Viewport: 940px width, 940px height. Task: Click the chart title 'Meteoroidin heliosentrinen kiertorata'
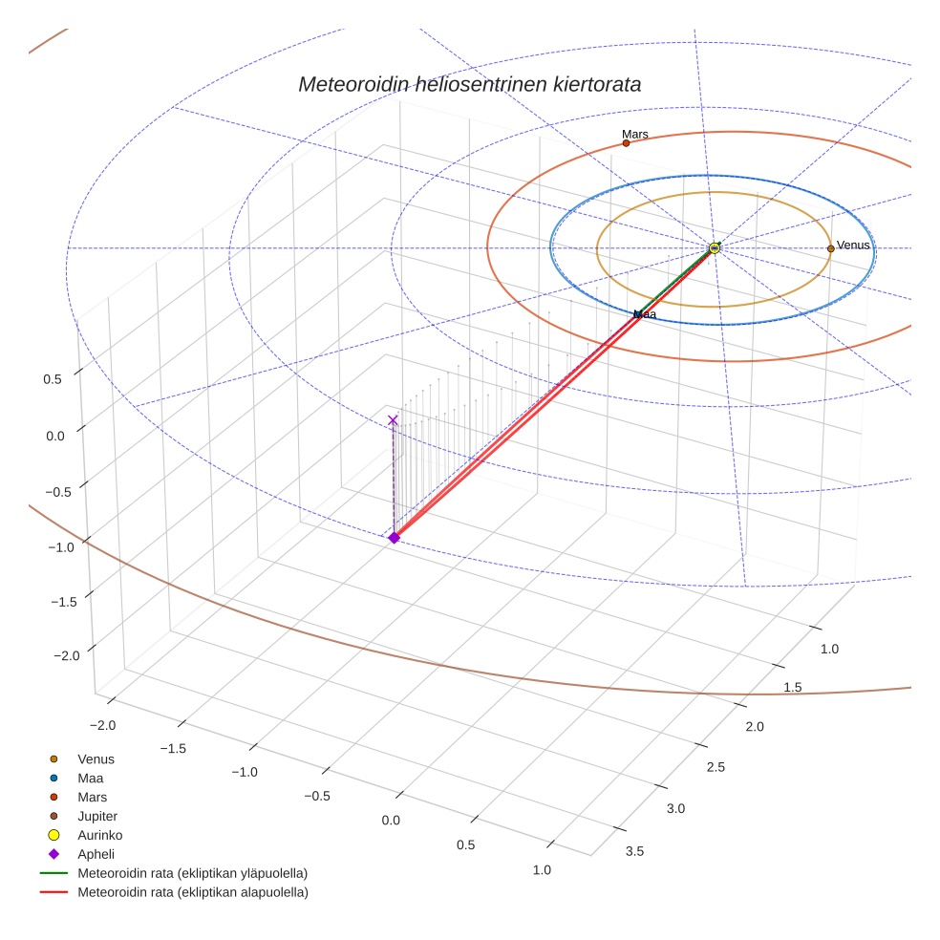pyautogui.click(x=469, y=84)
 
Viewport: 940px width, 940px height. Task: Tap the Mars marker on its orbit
pyautogui.click(x=626, y=143)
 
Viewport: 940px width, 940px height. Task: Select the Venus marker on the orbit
pyautogui.click(x=830, y=248)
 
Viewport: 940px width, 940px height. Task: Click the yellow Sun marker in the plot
pyautogui.click(x=715, y=248)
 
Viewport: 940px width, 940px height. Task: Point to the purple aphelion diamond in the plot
pyautogui.click(x=394, y=538)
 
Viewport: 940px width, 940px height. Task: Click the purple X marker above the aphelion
pyautogui.click(x=393, y=420)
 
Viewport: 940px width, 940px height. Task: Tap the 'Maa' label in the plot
pyautogui.click(x=646, y=313)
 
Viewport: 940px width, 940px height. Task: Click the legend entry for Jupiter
pyautogui.click(x=96, y=816)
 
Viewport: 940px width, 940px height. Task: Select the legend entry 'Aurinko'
pyautogui.click(x=99, y=835)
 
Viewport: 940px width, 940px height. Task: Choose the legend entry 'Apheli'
pyautogui.click(x=96, y=854)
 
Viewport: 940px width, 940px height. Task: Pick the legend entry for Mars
pyautogui.click(x=92, y=797)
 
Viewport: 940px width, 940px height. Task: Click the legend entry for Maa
pyautogui.click(x=90, y=778)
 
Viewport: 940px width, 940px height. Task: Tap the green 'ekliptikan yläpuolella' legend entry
pyautogui.click(x=192, y=873)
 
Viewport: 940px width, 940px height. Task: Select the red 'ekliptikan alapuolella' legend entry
pyautogui.click(x=193, y=892)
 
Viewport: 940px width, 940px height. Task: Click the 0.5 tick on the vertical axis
pyautogui.click(x=53, y=379)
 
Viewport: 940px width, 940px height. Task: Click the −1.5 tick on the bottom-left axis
pyautogui.click(x=173, y=748)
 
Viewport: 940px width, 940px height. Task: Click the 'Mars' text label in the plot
pyautogui.click(x=634, y=135)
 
